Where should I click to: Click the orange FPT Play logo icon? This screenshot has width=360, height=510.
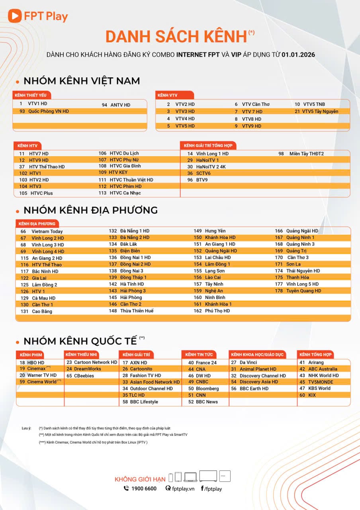pos(15,16)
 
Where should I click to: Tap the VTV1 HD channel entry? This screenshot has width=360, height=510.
pos(37,104)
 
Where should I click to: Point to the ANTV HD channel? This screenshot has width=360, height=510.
pos(120,105)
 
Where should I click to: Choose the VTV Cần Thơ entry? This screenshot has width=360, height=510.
pos(256,104)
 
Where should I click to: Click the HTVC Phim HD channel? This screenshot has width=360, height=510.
pos(125,186)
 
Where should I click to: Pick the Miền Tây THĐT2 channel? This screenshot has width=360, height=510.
pos(306,153)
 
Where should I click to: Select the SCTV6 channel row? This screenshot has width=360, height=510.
pos(203,173)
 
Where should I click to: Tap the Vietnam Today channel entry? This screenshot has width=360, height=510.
pos(47,231)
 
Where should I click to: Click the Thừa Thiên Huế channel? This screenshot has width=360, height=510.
pos(137,311)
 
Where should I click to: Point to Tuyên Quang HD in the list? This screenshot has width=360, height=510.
pos(303,291)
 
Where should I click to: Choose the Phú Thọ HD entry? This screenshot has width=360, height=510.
pos(217,311)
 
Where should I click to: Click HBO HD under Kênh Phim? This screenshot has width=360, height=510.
pos(35,363)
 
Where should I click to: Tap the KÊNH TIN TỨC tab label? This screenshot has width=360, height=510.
pos(200,355)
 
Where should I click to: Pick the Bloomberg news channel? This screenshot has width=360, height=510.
pos(207,388)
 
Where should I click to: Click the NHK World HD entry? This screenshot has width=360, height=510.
pos(323,375)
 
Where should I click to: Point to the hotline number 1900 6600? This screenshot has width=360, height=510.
pos(144,488)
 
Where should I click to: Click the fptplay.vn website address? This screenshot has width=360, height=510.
pos(183,488)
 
